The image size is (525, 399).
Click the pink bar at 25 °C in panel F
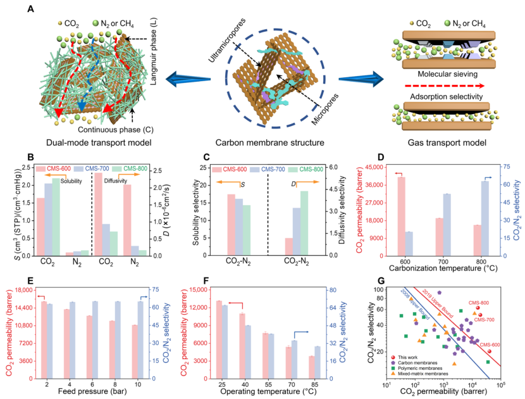219,340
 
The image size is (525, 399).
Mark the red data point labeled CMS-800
478,308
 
